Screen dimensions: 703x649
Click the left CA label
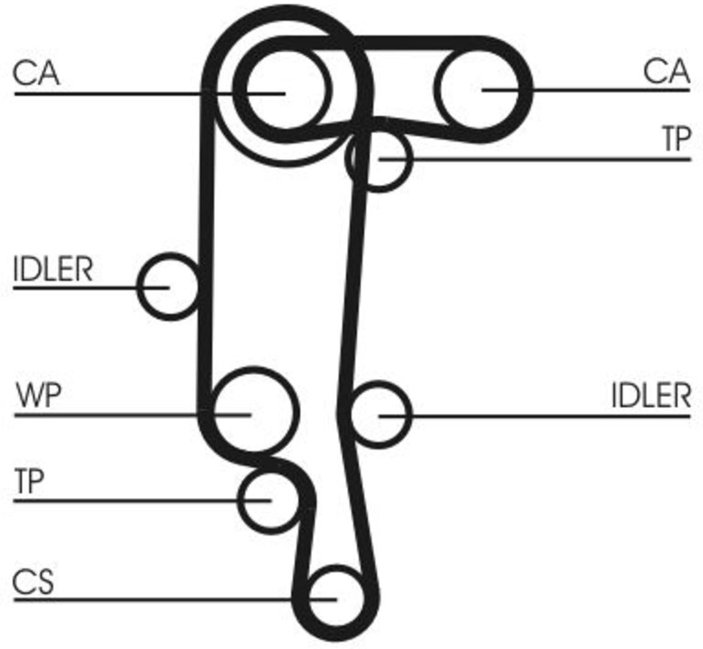pyautogui.click(x=37, y=73)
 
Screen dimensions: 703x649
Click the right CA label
pyautogui.click(x=666, y=71)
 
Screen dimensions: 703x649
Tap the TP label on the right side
pyautogui.click(x=677, y=139)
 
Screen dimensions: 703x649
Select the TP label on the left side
pyautogui.click(x=29, y=480)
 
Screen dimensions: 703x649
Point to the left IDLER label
pyautogui.click(x=53, y=269)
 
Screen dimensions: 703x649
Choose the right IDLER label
pyautogui.click(x=651, y=396)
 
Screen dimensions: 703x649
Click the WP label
pyautogui.click(x=38, y=395)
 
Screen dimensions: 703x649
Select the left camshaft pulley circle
pyautogui.click(x=285, y=90)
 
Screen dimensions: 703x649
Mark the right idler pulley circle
pyautogui.click(x=380, y=415)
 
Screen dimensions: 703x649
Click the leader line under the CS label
pyautogui.click(x=175, y=599)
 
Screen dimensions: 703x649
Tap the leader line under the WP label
pyautogui.click(x=132, y=415)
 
